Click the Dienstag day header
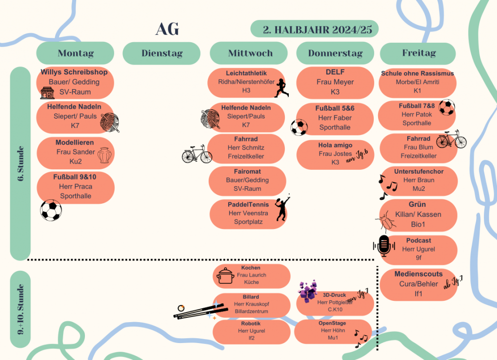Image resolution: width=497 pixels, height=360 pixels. coord(161,53)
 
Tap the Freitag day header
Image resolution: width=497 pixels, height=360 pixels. coord(418,53)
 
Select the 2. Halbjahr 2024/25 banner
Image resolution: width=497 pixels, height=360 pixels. coord(314,29)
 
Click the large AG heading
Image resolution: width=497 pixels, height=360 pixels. coord(167,29)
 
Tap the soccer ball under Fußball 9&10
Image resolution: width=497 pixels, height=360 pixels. coord(51,211)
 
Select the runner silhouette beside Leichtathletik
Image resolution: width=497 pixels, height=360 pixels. coord(281,88)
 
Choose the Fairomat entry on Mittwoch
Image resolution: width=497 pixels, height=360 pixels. coord(248,180)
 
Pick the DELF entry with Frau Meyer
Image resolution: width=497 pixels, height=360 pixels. coord(335,82)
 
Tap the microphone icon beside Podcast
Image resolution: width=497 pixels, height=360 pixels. coord(384,246)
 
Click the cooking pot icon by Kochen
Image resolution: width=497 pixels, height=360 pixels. coord(225,276)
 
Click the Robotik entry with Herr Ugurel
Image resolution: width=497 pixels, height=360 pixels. coord(250,330)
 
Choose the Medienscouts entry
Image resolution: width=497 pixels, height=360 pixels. coord(418,283)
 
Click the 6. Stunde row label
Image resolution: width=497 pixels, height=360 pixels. coord(20,164)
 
